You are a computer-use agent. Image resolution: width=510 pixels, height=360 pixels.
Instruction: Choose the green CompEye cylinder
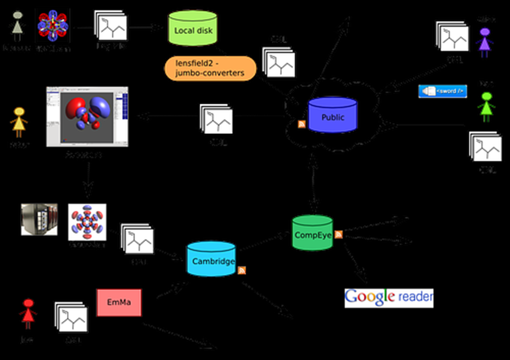click(313, 233)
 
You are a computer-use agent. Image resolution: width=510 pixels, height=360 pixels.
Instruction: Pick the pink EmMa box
click(119, 303)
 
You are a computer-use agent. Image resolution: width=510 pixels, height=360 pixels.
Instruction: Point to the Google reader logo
click(389, 297)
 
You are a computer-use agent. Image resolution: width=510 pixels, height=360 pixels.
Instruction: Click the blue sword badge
click(442, 91)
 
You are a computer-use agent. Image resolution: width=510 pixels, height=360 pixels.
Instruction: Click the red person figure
click(27, 314)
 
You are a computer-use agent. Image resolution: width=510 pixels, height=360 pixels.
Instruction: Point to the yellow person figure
click(19, 121)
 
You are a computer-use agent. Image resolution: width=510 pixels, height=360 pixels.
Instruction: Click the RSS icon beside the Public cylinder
click(301, 124)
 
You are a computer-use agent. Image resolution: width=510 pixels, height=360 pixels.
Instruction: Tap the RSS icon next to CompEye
click(339, 234)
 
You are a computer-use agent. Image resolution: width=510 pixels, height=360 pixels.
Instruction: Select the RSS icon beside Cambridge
click(242, 270)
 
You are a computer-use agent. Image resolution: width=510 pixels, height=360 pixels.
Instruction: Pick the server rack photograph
click(39, 220)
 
